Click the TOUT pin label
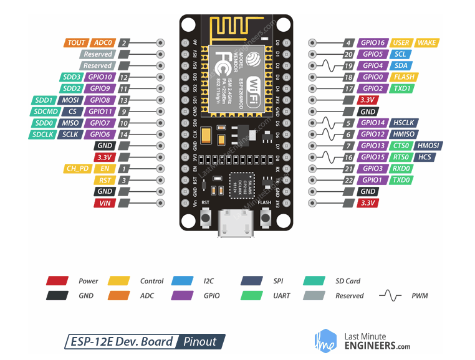point(76,43)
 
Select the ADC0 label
point(102,43)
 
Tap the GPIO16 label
point(373,43)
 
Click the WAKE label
point(427,43)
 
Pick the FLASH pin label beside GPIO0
point(403,77)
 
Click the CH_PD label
point(77,168)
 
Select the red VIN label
point(104,203)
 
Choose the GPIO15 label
point(373,157)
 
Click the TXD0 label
point(402,180)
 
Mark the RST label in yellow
point(104,180)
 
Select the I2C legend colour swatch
point(185,281)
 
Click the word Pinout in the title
point(200,341)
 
